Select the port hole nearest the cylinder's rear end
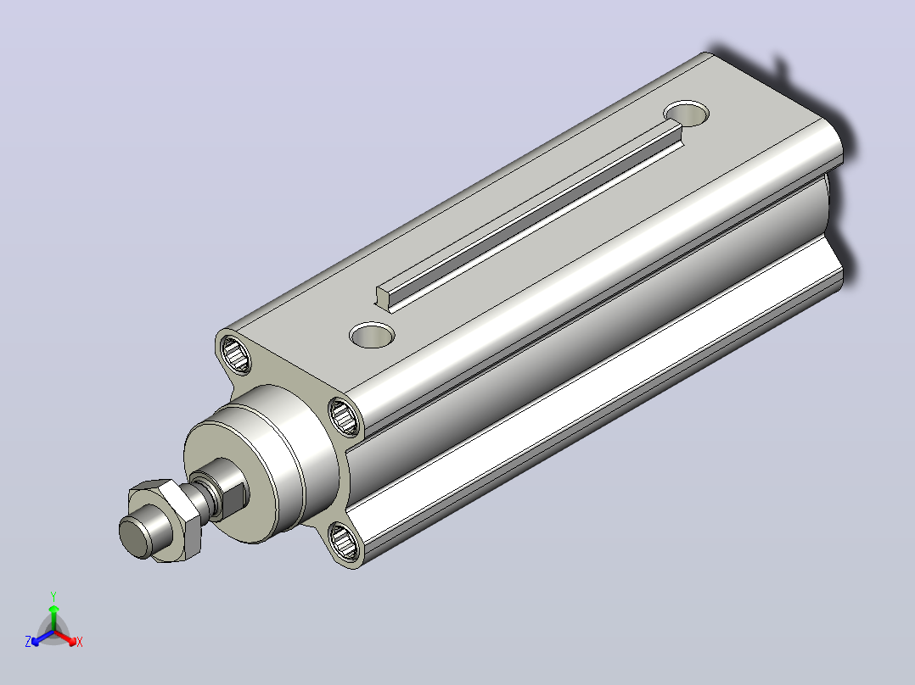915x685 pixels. click(686, 113)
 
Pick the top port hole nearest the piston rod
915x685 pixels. click(372, 335)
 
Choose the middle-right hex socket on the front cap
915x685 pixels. click(345, 415)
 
